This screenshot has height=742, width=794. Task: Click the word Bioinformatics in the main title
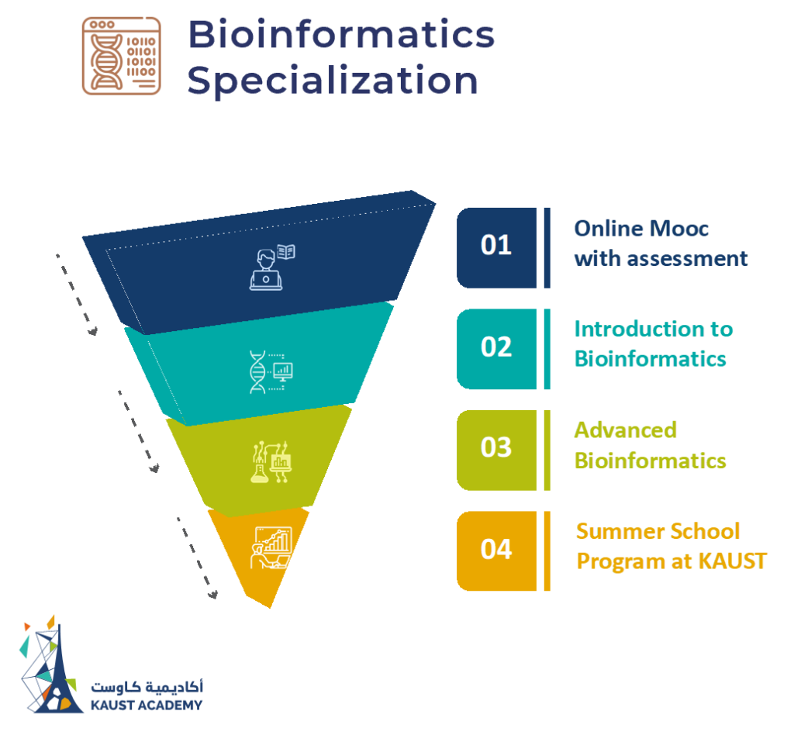[340, 36]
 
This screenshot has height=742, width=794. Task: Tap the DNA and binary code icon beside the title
[121, 56]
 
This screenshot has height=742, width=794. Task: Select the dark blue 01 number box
[496, 247]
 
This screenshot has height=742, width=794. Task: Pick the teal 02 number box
[496, 348]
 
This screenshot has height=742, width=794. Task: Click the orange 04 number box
[496, 550]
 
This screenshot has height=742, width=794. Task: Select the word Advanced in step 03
[625, 430]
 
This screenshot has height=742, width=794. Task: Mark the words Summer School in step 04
[658, 531]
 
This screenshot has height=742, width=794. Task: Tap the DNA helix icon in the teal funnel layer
[257, 371]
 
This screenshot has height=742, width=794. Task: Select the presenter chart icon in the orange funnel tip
[271, 549]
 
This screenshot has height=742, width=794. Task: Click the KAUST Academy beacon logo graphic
[51, 667]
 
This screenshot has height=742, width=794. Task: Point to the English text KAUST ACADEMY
[147, 705]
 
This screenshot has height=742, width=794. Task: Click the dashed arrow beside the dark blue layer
[76, 295]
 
